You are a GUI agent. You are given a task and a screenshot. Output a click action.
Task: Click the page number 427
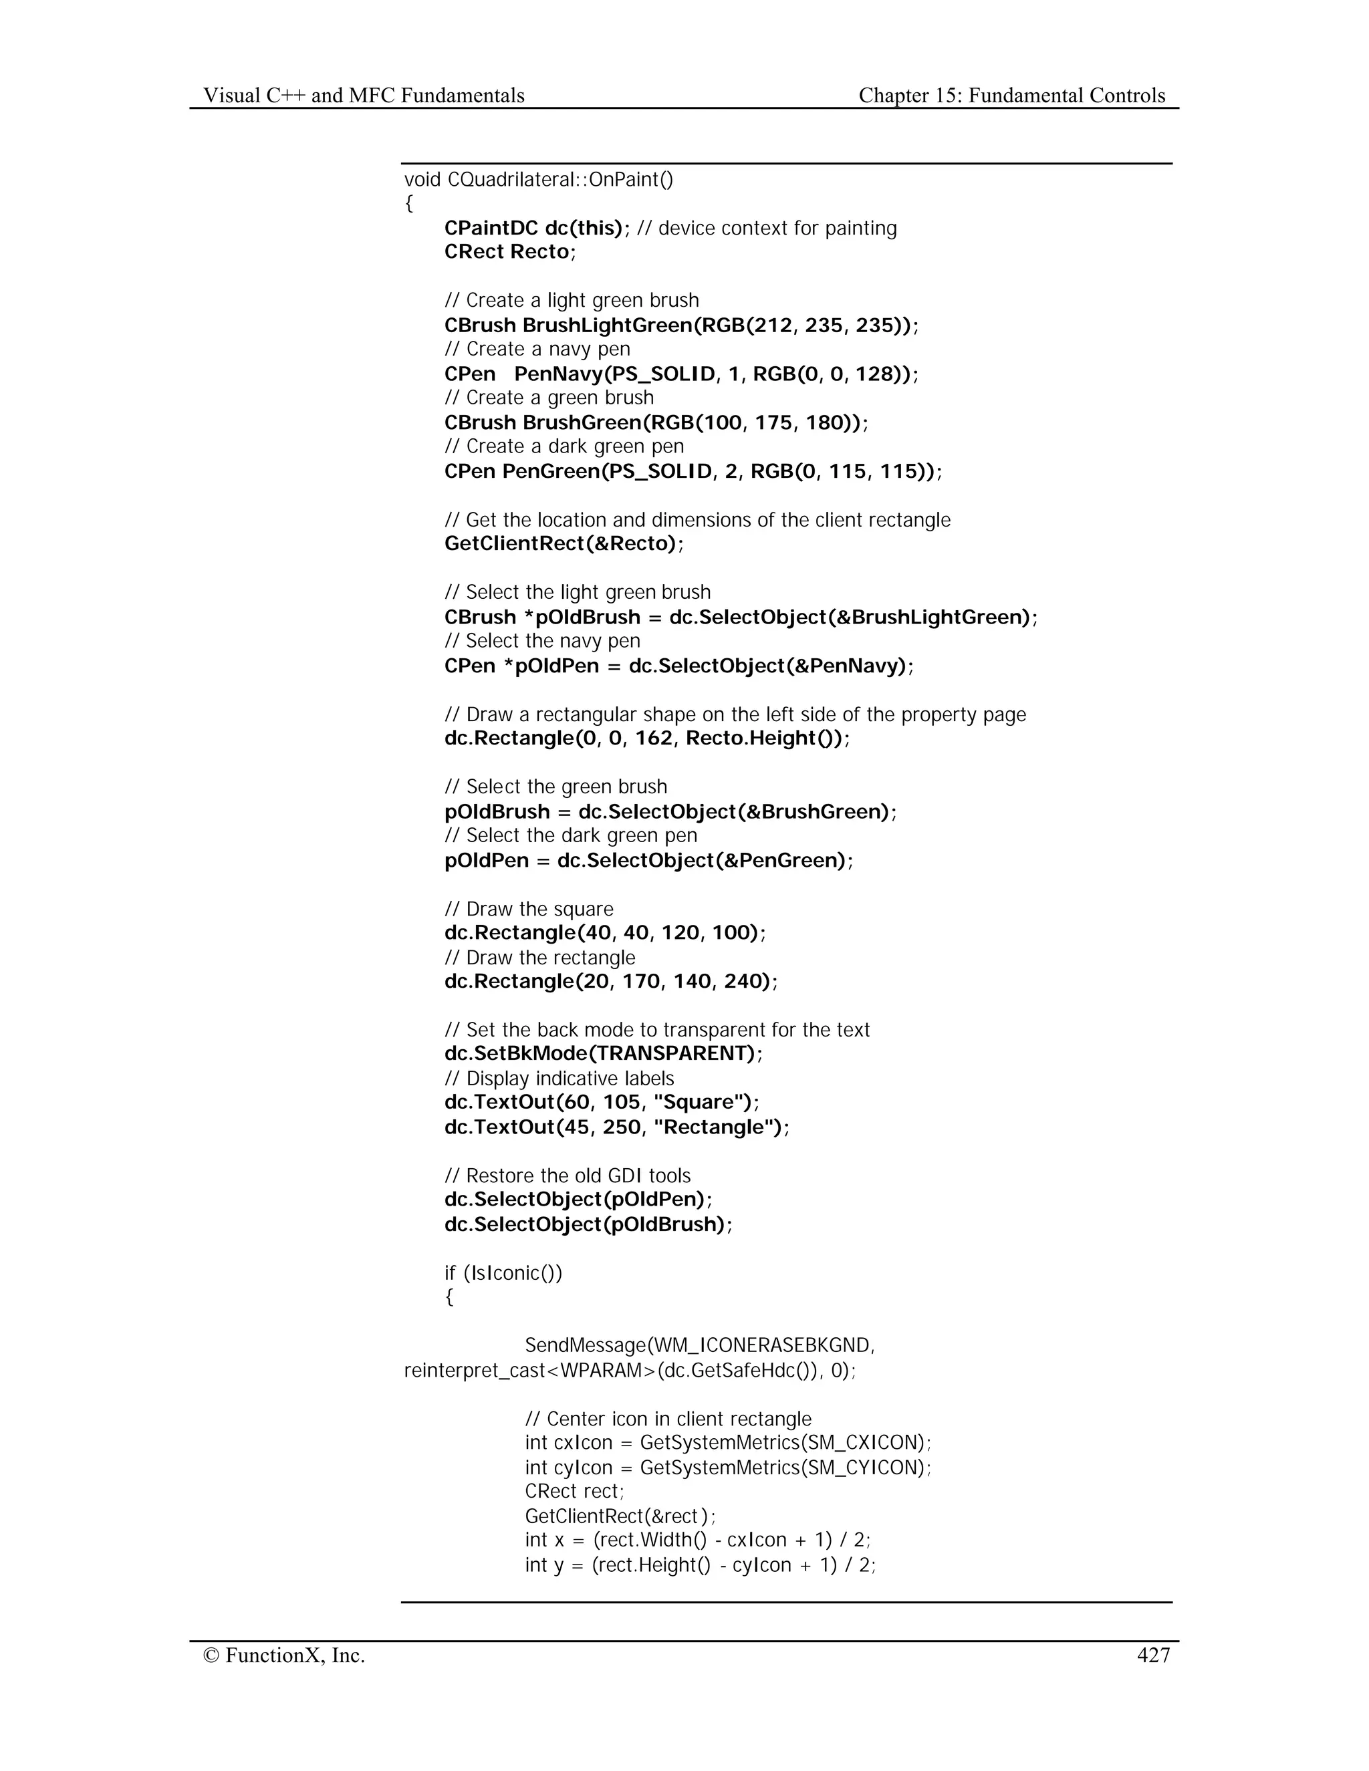[x=1153, y=1655]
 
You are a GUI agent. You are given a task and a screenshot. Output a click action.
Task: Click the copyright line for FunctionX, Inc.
[x=284, y=1655]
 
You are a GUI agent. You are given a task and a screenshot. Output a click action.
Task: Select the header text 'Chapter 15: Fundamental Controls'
[x=1011, y=96]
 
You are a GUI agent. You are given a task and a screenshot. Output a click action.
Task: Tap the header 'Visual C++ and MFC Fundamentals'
[x=364, y=96]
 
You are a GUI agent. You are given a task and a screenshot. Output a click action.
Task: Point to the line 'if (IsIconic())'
[x=503, y=1272]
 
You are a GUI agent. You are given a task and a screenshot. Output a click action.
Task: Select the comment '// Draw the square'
[x=529, y=909]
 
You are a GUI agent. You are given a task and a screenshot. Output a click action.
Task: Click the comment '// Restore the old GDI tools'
[x=568, y=1176]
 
